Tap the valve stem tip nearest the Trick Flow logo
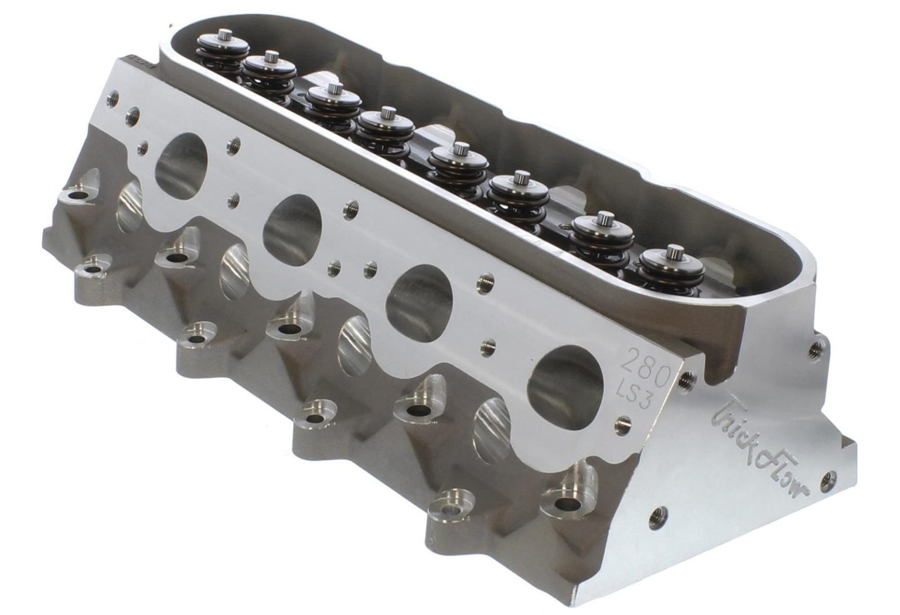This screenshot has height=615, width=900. pyautogui.click(x=670, y=252)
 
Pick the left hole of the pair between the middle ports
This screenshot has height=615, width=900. pyautogui.click(x=335, y=267)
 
